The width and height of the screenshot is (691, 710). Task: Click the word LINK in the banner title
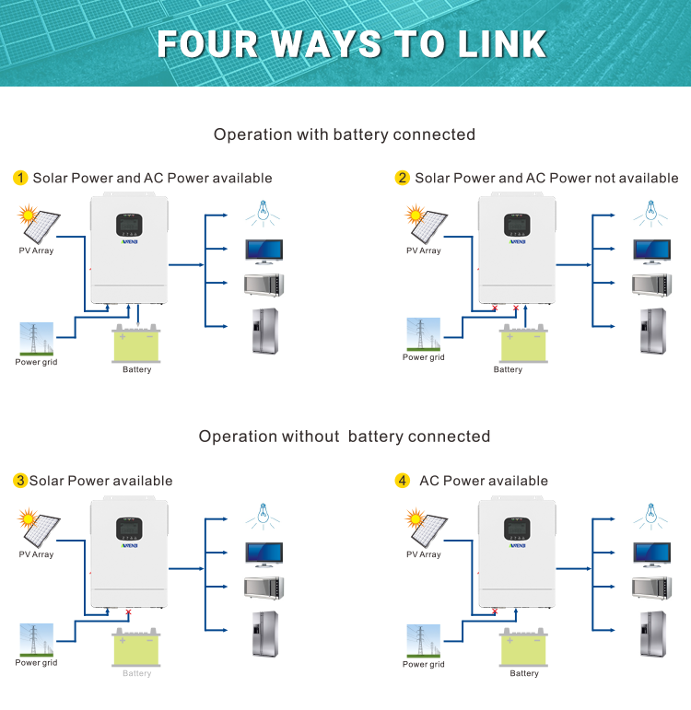496,43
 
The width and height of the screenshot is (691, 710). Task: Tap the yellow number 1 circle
20,178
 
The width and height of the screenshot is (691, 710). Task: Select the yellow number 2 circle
402,178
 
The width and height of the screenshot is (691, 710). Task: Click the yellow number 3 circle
20,481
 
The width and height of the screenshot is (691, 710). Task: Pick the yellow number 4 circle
402,481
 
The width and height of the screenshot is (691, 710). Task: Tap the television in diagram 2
651,250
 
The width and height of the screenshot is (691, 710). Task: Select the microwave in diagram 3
264,588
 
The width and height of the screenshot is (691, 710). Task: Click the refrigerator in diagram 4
651,633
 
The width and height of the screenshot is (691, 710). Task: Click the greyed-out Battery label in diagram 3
136,673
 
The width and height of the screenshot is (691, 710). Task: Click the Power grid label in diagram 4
423,664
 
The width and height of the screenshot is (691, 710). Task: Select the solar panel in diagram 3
40,525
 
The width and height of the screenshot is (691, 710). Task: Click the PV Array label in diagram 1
36,250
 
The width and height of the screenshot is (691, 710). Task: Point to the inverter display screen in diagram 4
517,529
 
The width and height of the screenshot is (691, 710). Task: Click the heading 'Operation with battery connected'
345,134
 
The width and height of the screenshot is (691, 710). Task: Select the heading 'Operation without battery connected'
345,436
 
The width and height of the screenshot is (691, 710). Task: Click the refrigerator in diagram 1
264,332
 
